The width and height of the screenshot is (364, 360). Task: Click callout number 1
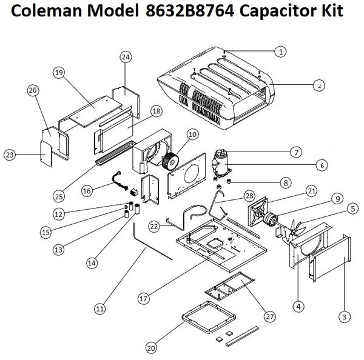click(x=281, y=52)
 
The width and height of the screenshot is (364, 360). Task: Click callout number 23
click(x=10, y=156)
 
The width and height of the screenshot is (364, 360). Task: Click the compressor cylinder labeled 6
click(x=219, y=162)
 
